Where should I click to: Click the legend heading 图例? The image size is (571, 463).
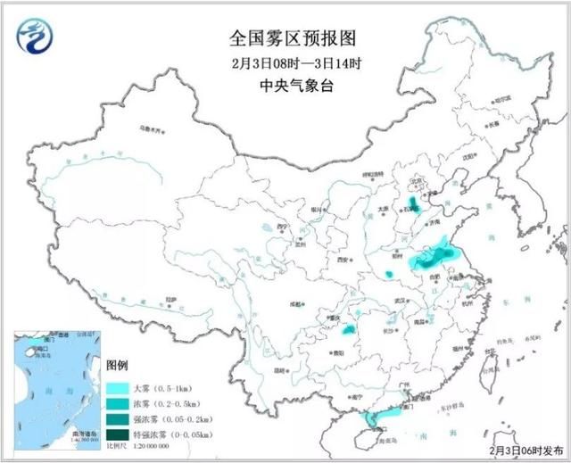pos(119,367)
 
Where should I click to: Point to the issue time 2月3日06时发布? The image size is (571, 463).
pos(526,451)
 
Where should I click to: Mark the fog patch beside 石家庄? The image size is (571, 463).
pos(411,203)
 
